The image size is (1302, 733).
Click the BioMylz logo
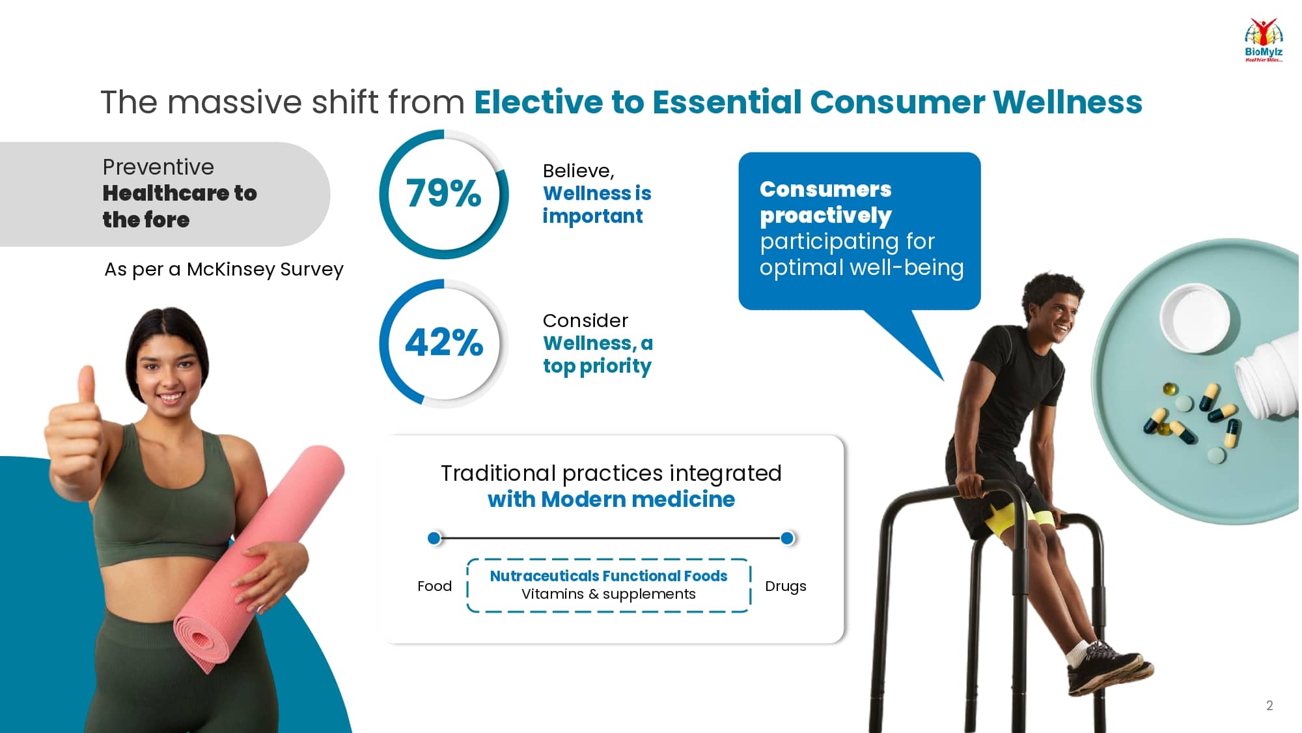pos(1264,40)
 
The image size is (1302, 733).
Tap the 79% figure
pos(444,194)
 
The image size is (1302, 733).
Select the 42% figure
pos(444,343)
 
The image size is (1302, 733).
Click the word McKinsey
pos(230,269)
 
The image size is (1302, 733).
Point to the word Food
pos(434,586)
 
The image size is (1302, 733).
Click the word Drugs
pos(785,586)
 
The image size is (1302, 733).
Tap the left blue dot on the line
pos(434,538)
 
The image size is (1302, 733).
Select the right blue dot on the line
pos(787,538)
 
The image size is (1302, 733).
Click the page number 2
pos(1269,706)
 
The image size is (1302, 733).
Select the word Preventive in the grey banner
pos(158,167)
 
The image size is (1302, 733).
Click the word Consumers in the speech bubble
pos(825,189)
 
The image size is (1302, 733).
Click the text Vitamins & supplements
pos(609,594)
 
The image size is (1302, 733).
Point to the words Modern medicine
pos(638,500)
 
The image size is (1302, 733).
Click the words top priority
pos(598,366)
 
